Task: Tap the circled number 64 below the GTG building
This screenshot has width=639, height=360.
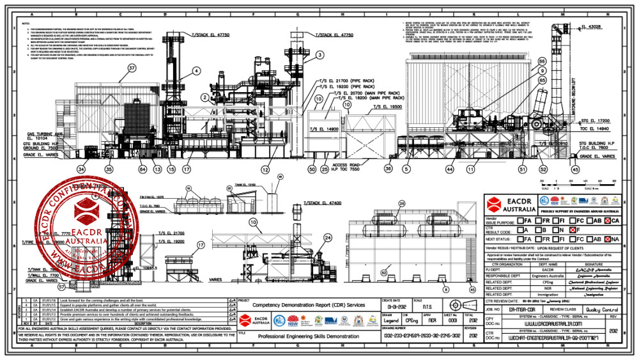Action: coord(142,169)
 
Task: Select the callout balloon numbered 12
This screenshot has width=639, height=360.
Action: coord(264,169)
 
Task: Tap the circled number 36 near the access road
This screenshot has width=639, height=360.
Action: coord(388,169)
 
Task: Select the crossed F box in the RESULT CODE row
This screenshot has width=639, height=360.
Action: coord(574,229)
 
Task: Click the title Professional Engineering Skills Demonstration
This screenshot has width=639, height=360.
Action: coord(307,334)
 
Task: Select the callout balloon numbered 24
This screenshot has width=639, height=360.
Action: coord(328,237)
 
